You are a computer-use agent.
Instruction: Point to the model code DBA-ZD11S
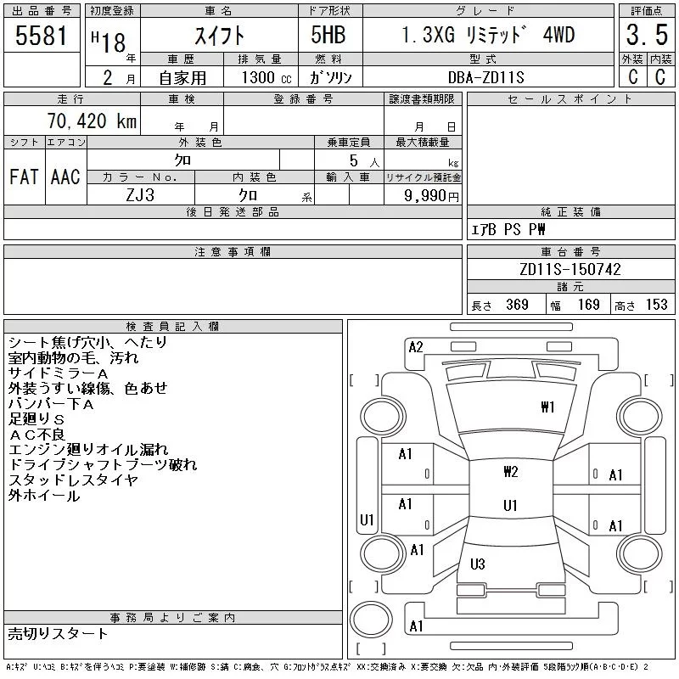pos(482,76)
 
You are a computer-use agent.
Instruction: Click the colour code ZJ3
pos(140,194)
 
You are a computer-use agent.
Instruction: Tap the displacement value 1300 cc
pos(265,76)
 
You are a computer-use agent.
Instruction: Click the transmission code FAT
pos(24,177)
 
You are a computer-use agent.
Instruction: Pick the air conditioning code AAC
pos(65,177)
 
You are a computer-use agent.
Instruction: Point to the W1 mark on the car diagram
pos(547,407)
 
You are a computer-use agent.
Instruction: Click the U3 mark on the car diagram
pos(477,564)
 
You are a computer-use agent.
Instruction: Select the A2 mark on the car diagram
pos(416,346)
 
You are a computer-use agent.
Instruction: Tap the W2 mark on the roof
pos(510,472)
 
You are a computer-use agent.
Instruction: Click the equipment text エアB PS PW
pos(509,230)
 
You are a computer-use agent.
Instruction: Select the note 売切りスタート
pos(58,634)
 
